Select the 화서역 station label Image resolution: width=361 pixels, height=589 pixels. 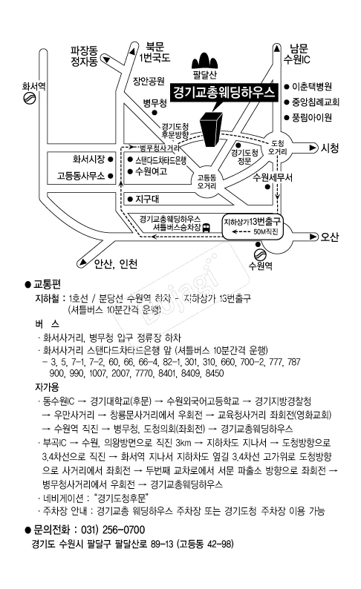[x=34, y=85]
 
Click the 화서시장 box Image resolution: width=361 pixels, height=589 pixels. [x=88, y=159]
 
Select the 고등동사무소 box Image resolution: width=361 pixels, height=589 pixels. [x=83, y=177]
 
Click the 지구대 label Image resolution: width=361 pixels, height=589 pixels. [x=149, y=199]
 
